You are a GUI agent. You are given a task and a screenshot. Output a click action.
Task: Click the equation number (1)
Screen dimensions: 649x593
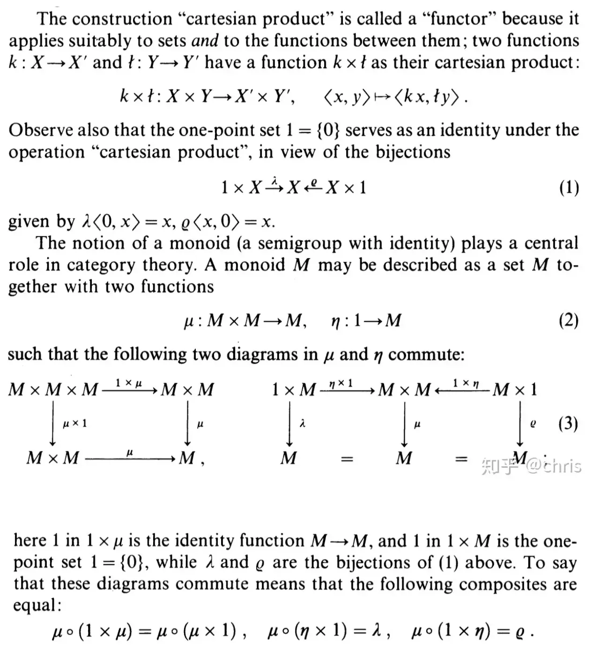569,188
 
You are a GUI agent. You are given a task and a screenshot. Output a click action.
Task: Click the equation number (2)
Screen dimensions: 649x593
569,321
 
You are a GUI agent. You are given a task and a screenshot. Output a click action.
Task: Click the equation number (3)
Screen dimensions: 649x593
568,424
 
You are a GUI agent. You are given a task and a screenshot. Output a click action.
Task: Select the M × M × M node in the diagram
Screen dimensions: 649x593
53,389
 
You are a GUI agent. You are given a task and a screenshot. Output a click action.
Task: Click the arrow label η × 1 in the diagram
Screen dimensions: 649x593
341,383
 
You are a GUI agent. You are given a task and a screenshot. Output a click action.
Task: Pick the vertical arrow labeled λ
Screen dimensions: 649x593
290,424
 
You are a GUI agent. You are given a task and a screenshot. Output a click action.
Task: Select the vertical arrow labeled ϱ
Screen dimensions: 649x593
520,424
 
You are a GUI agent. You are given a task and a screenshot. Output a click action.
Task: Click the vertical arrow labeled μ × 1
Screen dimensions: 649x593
53,424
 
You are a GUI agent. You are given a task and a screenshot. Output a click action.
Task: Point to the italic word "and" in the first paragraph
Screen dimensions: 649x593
205,41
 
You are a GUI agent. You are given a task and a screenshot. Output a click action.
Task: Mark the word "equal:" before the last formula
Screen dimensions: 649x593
37,605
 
